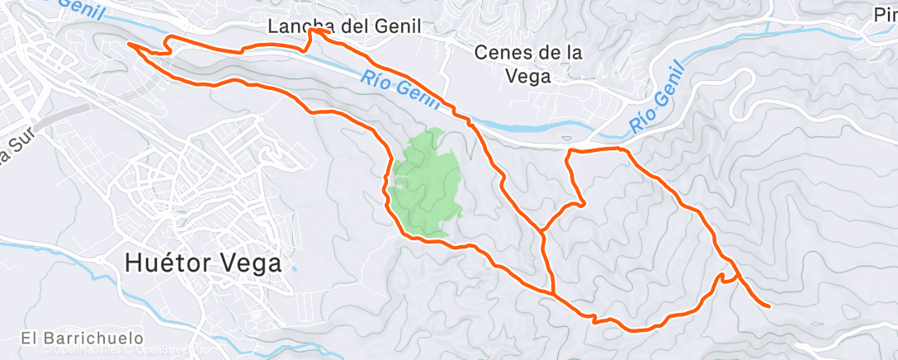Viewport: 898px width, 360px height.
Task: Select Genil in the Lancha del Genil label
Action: coord(396,26)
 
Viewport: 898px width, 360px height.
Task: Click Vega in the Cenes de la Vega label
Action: coord(529,76)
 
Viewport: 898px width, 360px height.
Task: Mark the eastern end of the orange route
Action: coord(769,306)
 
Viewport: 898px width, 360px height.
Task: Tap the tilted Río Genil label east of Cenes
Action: coord(656,97)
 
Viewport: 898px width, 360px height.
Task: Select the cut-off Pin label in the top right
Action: coord(885,14)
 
